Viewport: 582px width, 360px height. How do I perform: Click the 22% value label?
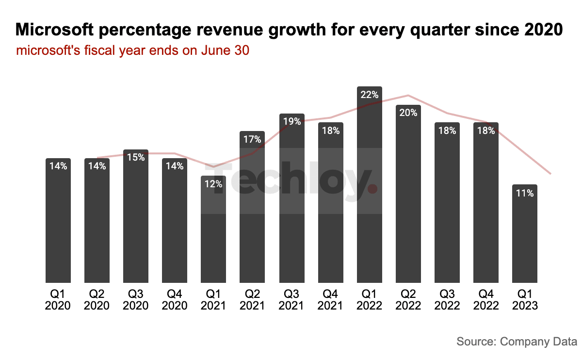click(x=369, y=95)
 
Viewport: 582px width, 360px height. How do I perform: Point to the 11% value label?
click(x=525, y=193)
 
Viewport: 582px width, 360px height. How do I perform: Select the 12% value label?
click(x=213, y=184)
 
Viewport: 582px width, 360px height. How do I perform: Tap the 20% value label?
click(x=408, y=113)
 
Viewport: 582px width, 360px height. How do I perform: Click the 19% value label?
click(x=291, y=122)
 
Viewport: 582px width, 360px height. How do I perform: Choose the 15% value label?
click(x=136, y=157)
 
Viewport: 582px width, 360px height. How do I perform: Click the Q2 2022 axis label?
click(x=408, y=300)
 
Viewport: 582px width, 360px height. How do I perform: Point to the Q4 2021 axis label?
click(x=330, y=300)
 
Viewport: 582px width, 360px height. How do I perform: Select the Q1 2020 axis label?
click(x=58, y=300)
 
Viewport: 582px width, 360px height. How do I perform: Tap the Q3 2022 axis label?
click(x=447, y=300)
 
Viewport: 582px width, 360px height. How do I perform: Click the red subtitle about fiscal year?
click(x=132, y=50)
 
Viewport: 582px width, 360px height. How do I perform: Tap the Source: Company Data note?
click(x=517, y=342)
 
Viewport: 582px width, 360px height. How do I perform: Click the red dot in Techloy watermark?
click(x=372, y=188)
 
